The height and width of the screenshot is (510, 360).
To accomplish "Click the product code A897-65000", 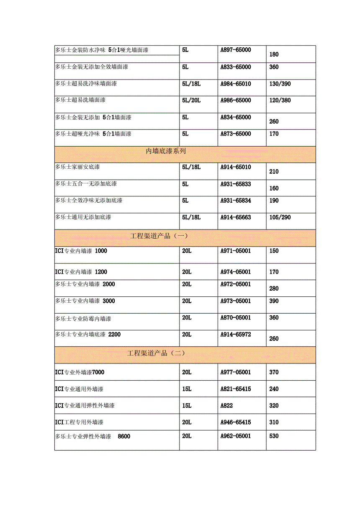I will click(236, 50).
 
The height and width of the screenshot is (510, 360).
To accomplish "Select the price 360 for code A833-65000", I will click(274, 67).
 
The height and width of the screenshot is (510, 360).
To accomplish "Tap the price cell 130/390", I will click(280, 84).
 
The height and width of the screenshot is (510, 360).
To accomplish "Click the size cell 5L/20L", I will click(192, 100).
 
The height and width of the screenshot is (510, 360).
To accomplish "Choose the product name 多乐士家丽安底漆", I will click(77, 167).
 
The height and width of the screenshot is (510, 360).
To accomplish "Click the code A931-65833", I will click(236, 184).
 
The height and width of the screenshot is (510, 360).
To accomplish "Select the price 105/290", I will click(280, 217).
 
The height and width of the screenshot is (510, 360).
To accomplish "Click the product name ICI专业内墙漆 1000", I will click(81, 251).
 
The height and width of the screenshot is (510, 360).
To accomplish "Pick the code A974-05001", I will click(236, 272).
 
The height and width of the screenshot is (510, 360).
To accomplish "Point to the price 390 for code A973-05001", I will click(274, 301).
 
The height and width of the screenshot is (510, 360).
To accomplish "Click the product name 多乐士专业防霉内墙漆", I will click(83, 319).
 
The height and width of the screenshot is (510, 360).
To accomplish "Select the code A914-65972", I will click(236, 335).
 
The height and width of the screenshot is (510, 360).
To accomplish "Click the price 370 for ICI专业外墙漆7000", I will click(274, 372).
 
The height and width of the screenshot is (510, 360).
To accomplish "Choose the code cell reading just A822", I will click(226, 406).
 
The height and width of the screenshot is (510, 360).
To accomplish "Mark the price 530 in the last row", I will click(274, 436).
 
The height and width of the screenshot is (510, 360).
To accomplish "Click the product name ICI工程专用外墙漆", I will click(79, 422).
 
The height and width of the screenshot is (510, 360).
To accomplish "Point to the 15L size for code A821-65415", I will click(187, 389).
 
